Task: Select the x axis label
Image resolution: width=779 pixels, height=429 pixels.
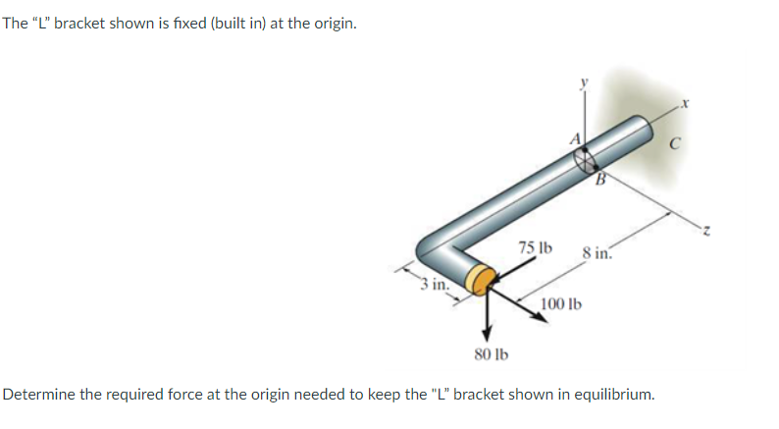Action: click(x=692, y=102)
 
